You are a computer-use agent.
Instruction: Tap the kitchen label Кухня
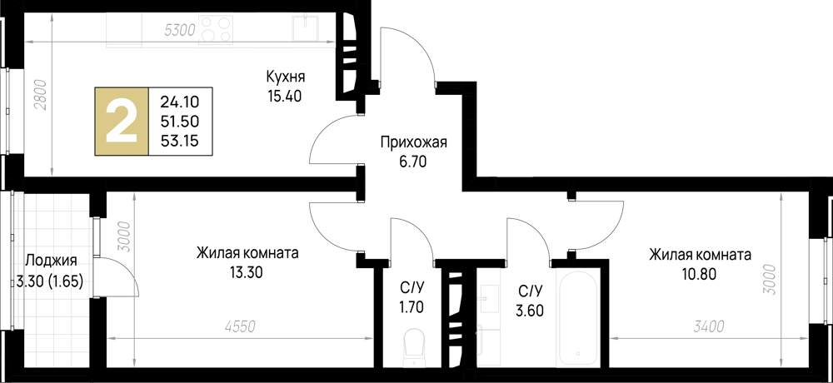tap(285, 77)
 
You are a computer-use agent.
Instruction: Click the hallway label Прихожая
tap(413, 142)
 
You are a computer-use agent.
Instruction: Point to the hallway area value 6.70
tap(412, 162)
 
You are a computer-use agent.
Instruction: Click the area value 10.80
tap(700, 273)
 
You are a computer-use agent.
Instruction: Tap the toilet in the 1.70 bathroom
tap(412, 345)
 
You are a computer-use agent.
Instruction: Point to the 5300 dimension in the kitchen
tap(180, 31)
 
